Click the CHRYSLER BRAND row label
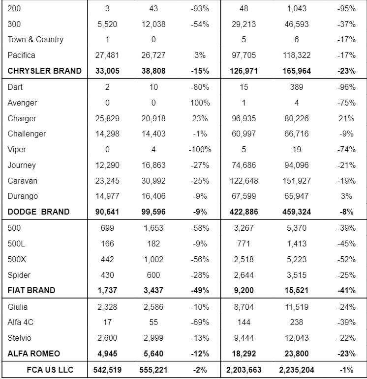click(44, 71)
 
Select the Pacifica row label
click(21, 55)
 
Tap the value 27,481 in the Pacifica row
click(107, 55)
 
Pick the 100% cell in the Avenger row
click(200, 103)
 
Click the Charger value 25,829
click(107, 118)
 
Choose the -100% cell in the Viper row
click(200, 149)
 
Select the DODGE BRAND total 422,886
click(244, 212)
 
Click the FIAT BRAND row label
click(31, 290)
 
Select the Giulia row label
click(18, 307)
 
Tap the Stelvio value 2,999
click(153, 338)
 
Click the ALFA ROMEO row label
click(33, 353)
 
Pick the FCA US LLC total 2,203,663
click(244, 370)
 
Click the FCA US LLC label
click(50, 370)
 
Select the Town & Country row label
click(35, 39)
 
